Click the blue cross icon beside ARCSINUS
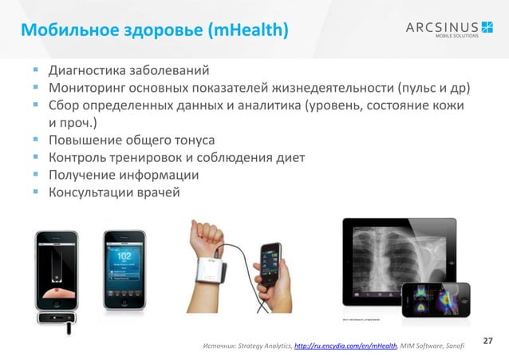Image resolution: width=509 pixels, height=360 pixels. [x=487, y=28]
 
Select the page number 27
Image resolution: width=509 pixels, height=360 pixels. [x=489, y=341]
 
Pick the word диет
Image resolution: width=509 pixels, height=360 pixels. [x=289, y=157]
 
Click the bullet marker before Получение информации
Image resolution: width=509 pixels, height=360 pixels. [x=37, y=176]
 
